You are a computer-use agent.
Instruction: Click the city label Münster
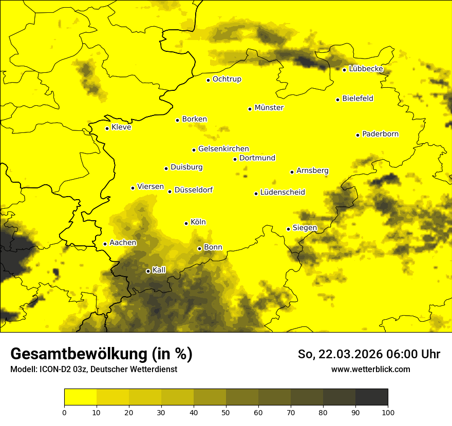click(269, 108)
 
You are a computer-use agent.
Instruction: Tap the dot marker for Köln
click(186, 223)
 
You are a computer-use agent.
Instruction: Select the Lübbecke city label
click(366, 69)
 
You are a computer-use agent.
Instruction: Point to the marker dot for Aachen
click(105, 244)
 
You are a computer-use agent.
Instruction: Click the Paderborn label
click(380, 134)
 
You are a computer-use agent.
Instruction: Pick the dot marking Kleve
click(107, 128)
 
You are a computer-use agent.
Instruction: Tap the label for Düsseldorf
click(193, 190)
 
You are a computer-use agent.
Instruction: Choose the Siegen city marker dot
click(288, 229)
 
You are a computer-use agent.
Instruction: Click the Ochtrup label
click(227, 79)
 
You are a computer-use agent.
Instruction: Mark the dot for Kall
click(148, 271)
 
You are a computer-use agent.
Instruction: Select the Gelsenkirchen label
click(223, 149)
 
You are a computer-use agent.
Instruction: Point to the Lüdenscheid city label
click(282, 192)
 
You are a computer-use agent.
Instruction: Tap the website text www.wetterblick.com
click(370, 370)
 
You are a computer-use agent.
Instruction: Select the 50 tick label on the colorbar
click(226, 412)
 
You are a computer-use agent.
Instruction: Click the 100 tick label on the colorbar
click(388, 412)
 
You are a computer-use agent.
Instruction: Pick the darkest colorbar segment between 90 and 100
click(371, 397)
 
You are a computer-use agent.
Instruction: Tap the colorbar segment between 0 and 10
click(80, 397)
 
